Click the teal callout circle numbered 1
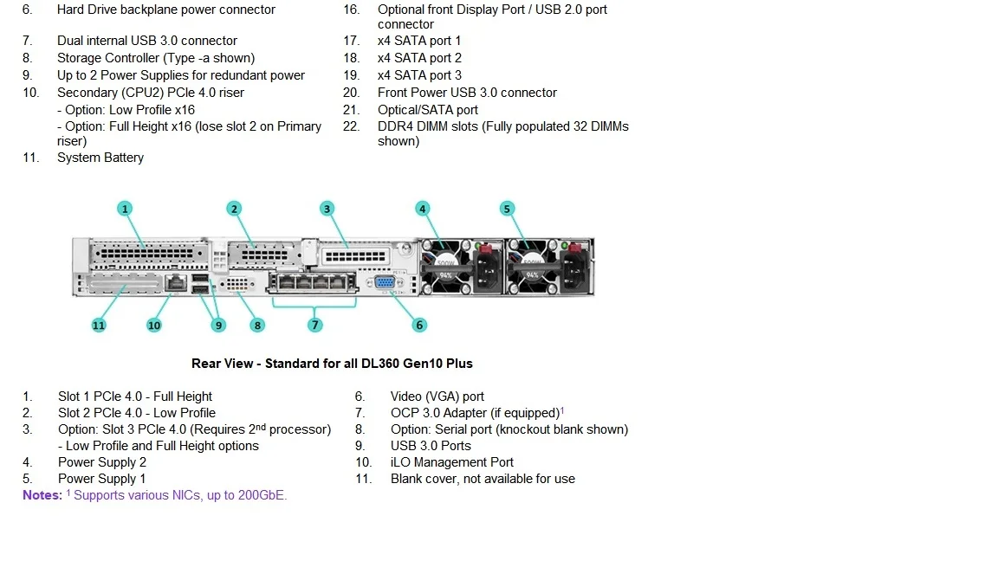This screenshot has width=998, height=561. click(x=126, y=209)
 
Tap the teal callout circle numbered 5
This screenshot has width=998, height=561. click(x=508, y=209)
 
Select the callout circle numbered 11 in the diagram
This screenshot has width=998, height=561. click(x=99, y=326)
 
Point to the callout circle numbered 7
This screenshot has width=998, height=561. click(x=315, y=326)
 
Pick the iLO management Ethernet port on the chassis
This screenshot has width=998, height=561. click(x=176, y=282)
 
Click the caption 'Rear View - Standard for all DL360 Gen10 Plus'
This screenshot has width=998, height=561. click(x=332, y=364)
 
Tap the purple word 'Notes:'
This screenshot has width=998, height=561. click(x=42, y=495)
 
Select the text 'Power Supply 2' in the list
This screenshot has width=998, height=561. click(x=102, y=462)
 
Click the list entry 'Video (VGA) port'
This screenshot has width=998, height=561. click(x=437, y=397)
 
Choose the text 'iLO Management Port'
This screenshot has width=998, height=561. click(x=452, y=462)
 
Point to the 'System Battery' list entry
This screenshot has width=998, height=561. click(x=100, y=158)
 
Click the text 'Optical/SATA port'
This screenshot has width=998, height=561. click(x=428, y=110)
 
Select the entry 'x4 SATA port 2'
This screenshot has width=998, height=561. click(x=419, y=58)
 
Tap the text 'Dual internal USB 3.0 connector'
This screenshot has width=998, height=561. click(x=147, y=41)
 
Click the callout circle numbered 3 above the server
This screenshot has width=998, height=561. click(x=327, y=209)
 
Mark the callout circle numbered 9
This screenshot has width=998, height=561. click(x=218, y=326)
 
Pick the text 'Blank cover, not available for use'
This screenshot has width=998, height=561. click(x=483, y=479)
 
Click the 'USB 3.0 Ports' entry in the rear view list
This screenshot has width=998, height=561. click(x=431, y=446)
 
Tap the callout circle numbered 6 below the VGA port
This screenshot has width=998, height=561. click(x=419, y=326)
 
